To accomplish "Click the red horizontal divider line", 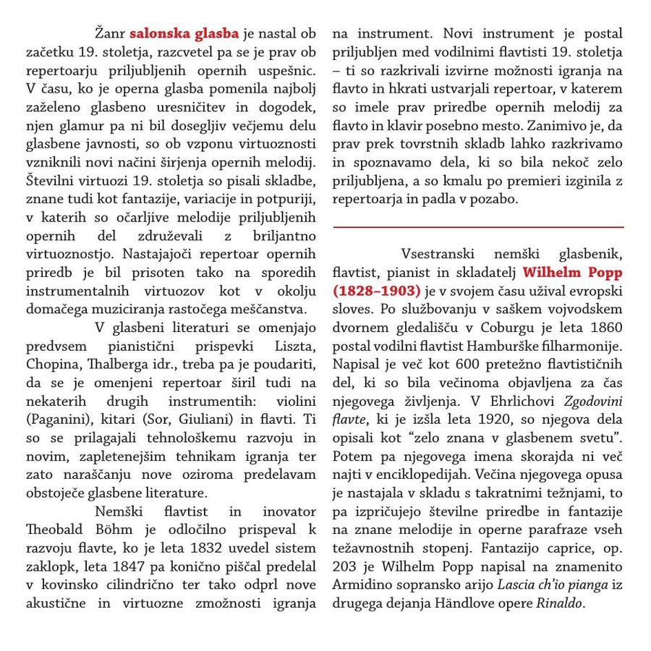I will pos(478,227).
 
